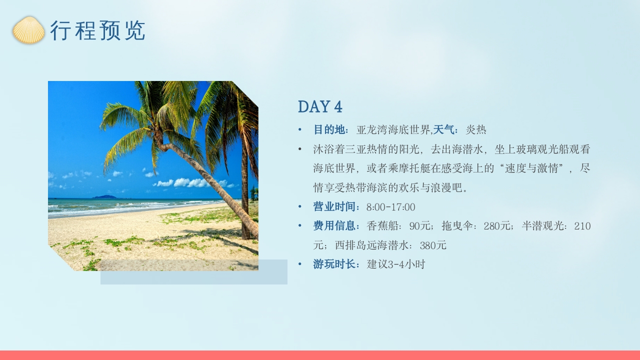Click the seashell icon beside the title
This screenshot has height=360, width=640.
28,30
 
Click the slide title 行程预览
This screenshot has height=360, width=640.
97,30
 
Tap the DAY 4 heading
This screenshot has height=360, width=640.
320,106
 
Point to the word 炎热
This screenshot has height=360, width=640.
476,130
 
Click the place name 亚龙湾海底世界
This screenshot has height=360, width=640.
393,130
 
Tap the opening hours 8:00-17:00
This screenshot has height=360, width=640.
390,207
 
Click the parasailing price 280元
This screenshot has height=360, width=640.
498,226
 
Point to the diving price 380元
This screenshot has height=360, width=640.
433,245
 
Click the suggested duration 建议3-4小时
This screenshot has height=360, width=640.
396,264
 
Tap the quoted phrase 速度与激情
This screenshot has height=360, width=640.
532,168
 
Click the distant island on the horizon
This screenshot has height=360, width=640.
105,196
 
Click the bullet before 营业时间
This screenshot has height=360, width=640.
300,207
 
